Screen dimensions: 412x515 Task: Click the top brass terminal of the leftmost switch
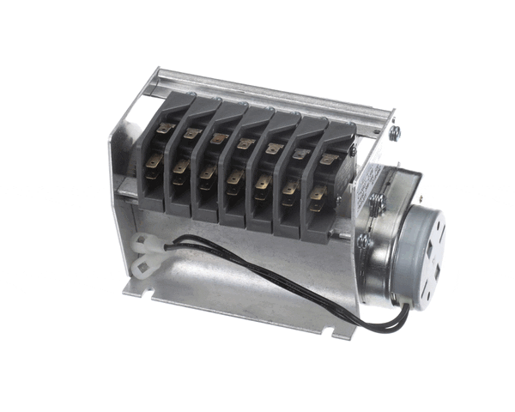click(x=164, y=130)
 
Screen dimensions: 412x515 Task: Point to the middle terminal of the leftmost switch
click(x=155, y=161)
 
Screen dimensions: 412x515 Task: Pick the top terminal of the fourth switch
click(x=246, y=144)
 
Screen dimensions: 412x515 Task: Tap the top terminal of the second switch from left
click(x=191, y=134)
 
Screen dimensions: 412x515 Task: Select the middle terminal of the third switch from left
click(x=206, y=174)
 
